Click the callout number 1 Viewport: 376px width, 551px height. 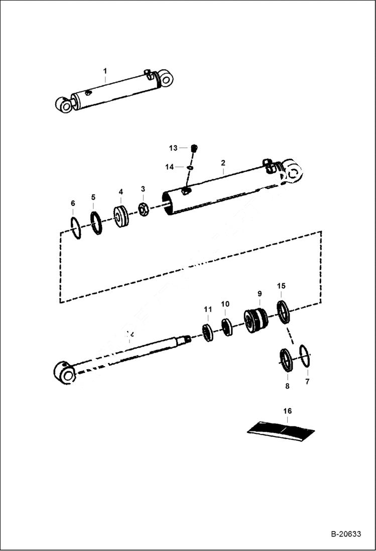(x=105, y=71)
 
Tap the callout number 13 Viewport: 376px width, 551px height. (x=173, y=148)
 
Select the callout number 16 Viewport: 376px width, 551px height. (x=287, y=411)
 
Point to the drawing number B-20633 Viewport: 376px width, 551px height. (x=346, y=534)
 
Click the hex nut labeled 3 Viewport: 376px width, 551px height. (x=144, y=210)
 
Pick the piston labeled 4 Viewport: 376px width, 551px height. (x=121, y=217)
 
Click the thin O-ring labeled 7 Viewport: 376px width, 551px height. (x=305, y=356)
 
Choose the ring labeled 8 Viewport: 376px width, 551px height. (x=286, y=360)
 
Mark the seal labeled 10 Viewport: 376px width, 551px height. (x=227, y=327)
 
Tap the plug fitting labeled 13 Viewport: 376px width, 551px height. (x=195, y=148)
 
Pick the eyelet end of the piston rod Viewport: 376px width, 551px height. (x=64, y=373)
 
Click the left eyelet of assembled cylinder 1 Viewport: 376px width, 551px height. (x=64, y=104)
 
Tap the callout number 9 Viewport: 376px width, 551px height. (x=260, y=293)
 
